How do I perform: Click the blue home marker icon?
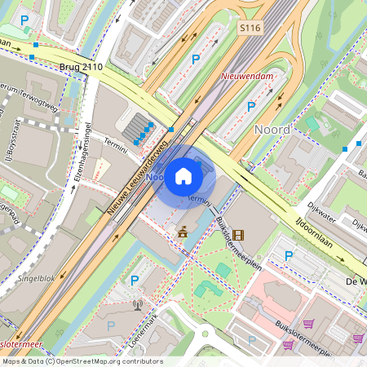[x=183, y=176]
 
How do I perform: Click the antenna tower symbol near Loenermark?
[x=137, y=307]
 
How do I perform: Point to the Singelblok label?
[x=37, y=277]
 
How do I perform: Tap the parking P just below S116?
[x=195, y=59]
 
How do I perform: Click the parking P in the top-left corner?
[x=24, y=20]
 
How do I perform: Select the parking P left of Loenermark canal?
[x=135, y=280]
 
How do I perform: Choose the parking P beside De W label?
[x=288, y=256]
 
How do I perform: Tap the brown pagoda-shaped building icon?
[x=183, y=233]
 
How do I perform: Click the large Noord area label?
[x=272, y=130]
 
